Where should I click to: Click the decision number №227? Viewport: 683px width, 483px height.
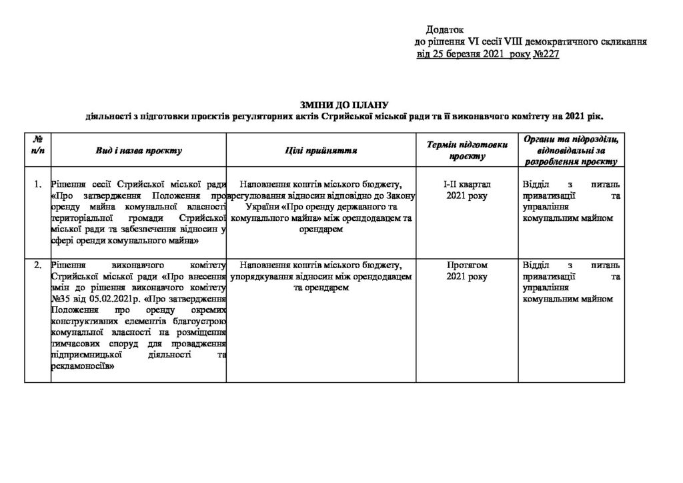coord(546,53)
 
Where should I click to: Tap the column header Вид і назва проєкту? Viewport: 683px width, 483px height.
coord(139,151)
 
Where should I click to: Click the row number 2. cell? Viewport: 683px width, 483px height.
coord(38,265)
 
